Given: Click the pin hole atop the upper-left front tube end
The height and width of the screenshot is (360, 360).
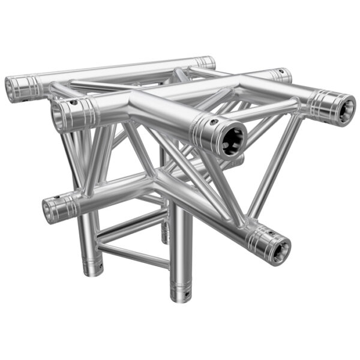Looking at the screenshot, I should click(x=73, y=103).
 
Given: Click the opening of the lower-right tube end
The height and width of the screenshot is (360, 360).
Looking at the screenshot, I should click(x=278, y=250).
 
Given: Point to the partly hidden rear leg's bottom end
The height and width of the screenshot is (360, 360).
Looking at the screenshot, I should click(x=165, y=241).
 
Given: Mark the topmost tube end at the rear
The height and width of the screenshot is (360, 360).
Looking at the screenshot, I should click(x=206, y=61).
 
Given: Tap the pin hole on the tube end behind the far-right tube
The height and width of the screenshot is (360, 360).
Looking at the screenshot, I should click(x=281, y=73).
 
